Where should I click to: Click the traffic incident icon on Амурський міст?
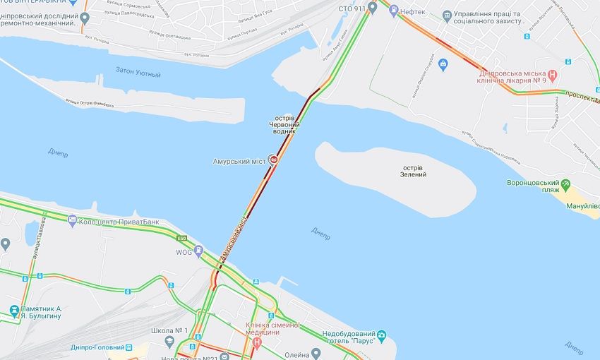click(273, 160)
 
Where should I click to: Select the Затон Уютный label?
click(138, 73)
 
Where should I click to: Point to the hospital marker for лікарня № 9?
click(553, 73)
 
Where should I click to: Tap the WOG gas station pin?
click(199, 251)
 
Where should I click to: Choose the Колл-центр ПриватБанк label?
click(118, 222)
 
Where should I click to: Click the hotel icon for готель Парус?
click(382, 335)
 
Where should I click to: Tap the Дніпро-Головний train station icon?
click(129, 347)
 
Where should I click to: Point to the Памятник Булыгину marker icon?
click(14, 309)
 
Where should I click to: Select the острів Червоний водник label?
click(283, 126)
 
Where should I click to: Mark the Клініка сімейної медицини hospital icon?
click(257, 342)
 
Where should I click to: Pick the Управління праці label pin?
click(446, 15)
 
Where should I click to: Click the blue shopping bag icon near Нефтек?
click(443, 65)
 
